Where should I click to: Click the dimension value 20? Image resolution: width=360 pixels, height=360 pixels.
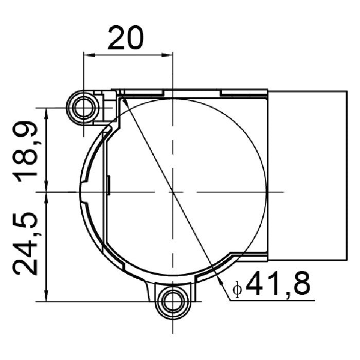(125, 38)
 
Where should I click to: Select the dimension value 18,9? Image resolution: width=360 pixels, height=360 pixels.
(25, 151)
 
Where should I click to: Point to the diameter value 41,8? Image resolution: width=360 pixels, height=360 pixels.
(278, 283)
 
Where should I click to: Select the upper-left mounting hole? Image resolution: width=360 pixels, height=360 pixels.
(83, 107)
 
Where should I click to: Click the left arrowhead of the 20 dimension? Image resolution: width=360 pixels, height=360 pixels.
(89, 55)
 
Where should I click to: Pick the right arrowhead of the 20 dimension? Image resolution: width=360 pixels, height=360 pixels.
(167, 55)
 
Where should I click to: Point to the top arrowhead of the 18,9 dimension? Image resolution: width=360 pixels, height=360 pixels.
(46, 114)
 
